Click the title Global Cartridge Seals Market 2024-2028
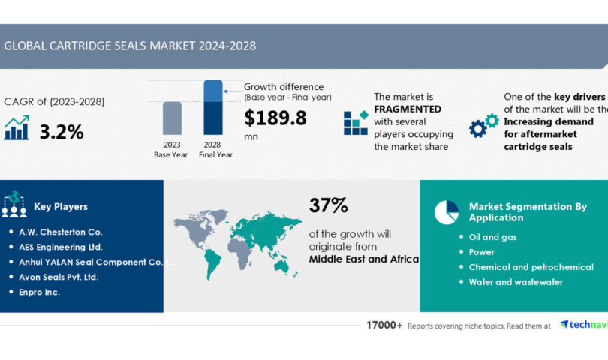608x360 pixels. [130, 46]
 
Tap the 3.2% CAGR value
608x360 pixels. [62, 132]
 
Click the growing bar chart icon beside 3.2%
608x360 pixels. [17, 128]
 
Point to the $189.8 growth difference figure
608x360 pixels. [276, 117]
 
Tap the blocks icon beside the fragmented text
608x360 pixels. [356, 122]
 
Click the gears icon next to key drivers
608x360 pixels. [483, 125]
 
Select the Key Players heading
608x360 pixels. [61, 206]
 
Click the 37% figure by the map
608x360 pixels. [328, 205]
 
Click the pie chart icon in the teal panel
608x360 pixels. [446, 211]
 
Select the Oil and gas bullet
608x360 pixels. [492, 237]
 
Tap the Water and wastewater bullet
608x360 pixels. [516, 282]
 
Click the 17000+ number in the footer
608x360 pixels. [384, 325]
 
